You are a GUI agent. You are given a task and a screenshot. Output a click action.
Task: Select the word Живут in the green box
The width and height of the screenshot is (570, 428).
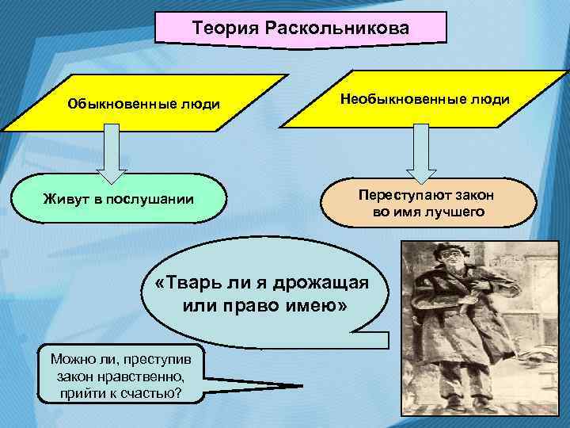click(66, 198)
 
